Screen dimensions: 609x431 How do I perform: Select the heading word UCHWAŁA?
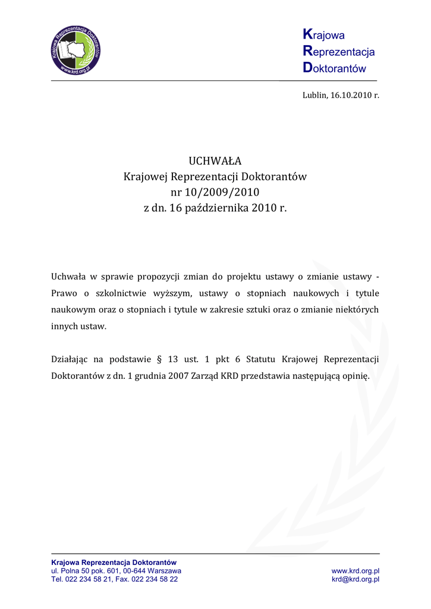pos(215,161)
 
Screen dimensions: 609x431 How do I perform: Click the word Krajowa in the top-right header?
pos(324,36)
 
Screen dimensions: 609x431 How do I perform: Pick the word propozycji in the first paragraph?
pos(159,277)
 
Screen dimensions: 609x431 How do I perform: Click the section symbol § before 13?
pos(158,360)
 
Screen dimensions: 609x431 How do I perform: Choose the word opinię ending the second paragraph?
pos(356,376)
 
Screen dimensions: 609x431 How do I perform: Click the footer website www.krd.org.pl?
pos(356,571)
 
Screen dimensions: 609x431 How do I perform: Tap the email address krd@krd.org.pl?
pos(356,579)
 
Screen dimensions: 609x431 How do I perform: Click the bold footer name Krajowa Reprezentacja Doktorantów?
pos(114,562)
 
